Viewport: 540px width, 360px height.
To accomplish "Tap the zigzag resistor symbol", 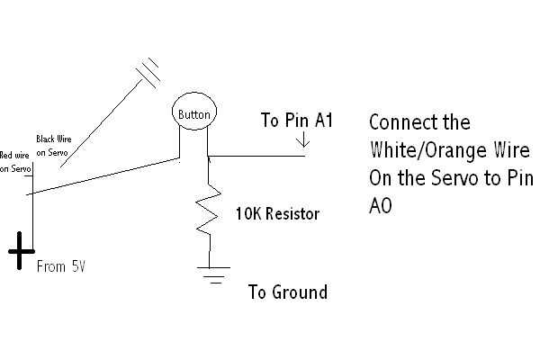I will (x=210, y=211).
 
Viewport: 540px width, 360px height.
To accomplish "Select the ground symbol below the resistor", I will (x=212, y=275).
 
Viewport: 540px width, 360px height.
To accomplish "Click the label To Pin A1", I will (x=296, y=120).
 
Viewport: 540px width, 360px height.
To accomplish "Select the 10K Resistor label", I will (x=277, y=215).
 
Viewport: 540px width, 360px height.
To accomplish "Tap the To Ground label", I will (x=287, y=292).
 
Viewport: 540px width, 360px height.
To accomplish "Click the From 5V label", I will (x=61, y=267).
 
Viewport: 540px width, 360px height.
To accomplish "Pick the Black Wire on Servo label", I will (x=54, y=145).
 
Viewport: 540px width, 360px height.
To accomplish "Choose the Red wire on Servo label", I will (x=16, y=162).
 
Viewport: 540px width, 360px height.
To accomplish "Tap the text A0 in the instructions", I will (x=381, y=205).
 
